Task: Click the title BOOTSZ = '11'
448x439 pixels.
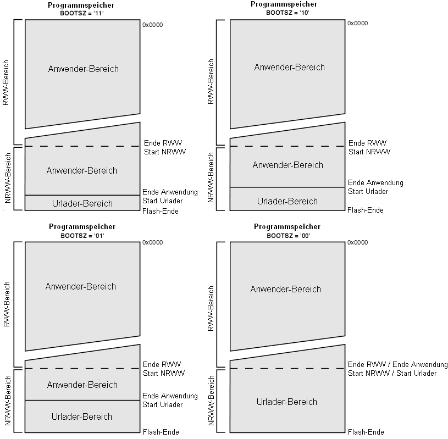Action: (82, 13)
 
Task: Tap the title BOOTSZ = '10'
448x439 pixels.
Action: (287, 13)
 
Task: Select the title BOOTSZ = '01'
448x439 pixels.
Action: (82, 236)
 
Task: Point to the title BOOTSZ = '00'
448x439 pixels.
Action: (289, 236)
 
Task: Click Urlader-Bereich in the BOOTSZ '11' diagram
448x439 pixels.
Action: (82, 203)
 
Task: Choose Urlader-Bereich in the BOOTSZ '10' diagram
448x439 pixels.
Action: (287, 201)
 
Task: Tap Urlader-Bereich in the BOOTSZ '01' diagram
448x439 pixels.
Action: (82, 416)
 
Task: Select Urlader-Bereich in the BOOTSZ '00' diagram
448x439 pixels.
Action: (287, 402)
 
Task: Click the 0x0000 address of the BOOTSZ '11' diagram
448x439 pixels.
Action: (153, 25)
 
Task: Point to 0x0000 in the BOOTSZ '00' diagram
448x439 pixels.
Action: (358, 242)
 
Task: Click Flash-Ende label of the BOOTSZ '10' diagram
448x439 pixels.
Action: (366, 210)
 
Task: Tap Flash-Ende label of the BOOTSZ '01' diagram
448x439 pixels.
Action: (161, 432)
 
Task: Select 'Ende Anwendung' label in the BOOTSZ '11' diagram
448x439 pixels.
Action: (170, 192)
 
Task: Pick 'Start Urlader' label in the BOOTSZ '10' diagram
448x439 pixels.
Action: (368, 191)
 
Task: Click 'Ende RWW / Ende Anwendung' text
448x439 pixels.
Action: (397, 364)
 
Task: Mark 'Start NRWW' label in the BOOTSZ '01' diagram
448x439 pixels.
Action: (164, 373)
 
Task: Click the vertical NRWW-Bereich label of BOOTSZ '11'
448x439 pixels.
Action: (8, 178)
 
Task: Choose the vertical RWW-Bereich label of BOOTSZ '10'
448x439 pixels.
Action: (211, 81)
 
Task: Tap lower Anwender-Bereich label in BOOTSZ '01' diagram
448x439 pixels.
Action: (82, 385)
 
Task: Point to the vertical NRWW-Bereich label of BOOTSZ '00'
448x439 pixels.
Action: (211, 401)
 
